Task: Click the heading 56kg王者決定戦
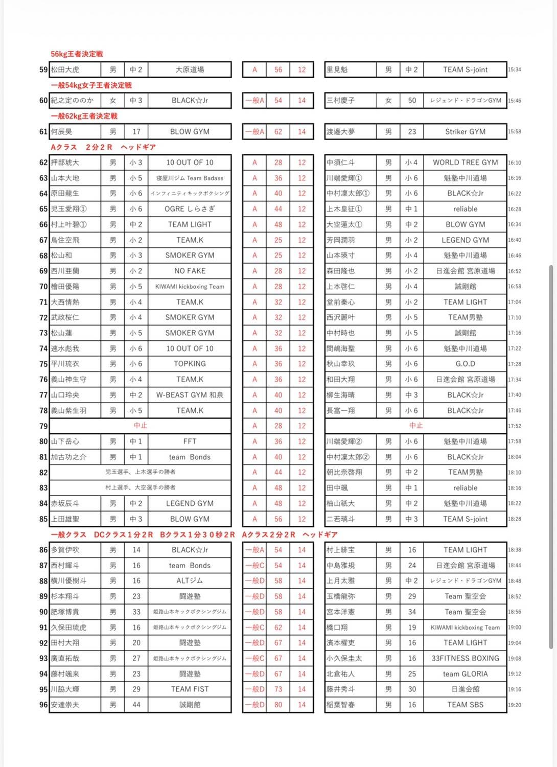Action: coord(77,54)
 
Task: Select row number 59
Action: coord(43,70)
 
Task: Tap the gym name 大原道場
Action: coord(190,70)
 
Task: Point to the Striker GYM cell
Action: coord(465,132)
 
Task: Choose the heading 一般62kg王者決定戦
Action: coord(84,116)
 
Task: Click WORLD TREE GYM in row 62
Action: coord(465,162)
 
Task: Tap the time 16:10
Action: coord(515,163)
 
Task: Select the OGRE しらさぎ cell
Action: coord(190,209)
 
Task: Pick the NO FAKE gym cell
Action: coord(190,271)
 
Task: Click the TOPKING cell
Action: coord(190,364)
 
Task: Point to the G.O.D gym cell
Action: coord(465,364)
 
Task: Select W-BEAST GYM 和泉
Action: coord(190,395)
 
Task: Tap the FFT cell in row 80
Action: coord(190,441)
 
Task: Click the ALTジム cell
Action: coord(190,581)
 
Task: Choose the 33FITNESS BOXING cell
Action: coord(465,658)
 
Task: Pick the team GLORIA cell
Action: coord(465,674)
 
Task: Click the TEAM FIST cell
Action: coord(190,689)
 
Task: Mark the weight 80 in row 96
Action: coord(278,705)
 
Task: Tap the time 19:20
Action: coord(515,705)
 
